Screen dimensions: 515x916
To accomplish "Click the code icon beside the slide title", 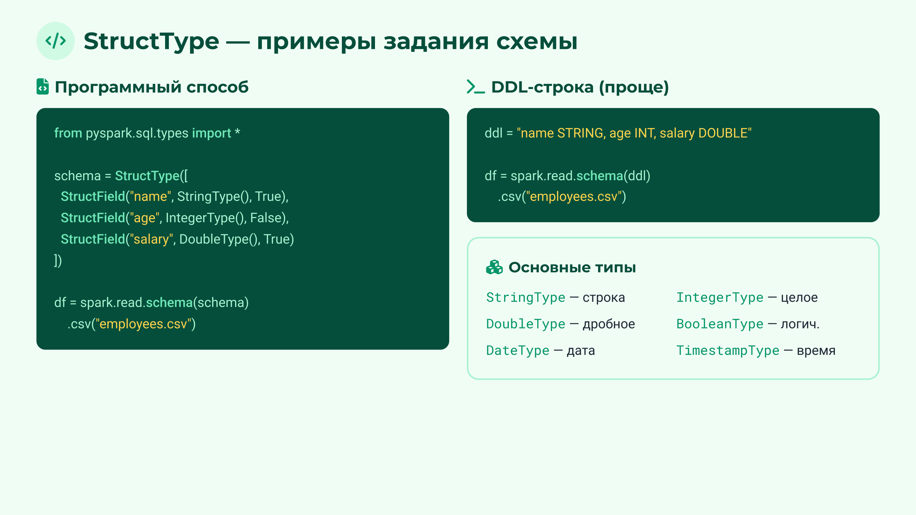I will point(55,41).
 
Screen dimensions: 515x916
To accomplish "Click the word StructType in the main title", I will point(151,41).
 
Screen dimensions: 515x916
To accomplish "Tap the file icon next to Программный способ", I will point(43,87).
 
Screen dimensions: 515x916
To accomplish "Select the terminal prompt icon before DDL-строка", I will point(475,87).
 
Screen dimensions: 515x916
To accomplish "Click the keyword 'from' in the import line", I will point(68,133).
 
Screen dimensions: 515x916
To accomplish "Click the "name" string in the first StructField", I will point(151,196).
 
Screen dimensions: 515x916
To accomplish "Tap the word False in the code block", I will point(266,218).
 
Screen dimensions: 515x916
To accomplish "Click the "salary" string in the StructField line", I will point(151,239).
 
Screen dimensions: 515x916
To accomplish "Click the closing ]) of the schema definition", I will point(58,261).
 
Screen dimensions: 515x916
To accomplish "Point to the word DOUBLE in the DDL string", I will point(723,133).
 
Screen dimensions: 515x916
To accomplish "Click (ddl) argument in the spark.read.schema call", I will point(637,176).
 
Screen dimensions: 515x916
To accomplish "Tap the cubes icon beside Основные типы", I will point(494,267).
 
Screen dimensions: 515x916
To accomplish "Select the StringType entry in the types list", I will point(525,298).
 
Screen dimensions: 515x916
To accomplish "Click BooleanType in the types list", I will point(720,324).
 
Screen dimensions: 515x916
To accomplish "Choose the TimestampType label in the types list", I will point(727,351).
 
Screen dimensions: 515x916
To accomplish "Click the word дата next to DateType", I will point(581,351).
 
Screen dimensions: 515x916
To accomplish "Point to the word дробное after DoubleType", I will point(608,324).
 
